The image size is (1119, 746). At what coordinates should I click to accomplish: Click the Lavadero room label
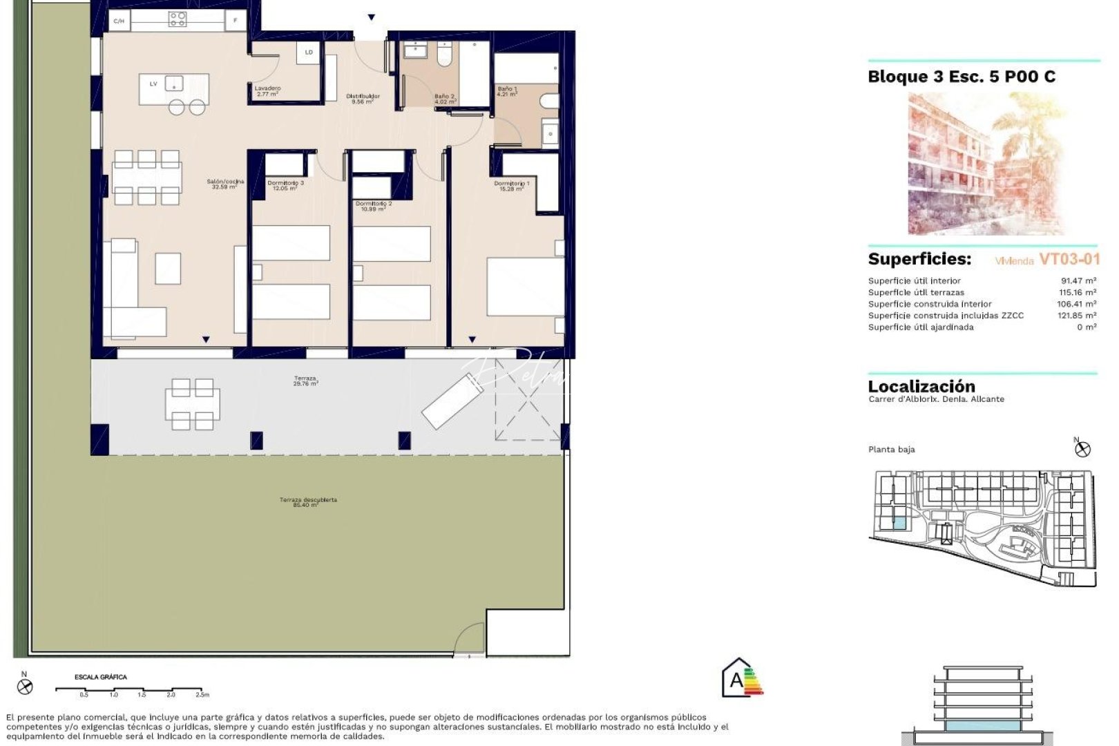pyautogui.click(x=267, y=90)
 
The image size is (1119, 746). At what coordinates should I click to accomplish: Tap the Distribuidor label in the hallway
pyautogui.click(x=363, y=99)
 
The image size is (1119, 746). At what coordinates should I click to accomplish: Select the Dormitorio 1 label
pyautogui.click(x=512, y=186)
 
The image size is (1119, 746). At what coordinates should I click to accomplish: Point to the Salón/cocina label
pyautogui.click(x=225, y=184)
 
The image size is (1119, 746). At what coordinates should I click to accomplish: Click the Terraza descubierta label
pyautogui.click(x=308, y=502)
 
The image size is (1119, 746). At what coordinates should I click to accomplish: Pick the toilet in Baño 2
pyautogui.click(x=444, y=56)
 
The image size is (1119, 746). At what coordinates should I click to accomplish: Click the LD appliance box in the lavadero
pyautogui.click(x=309, y=52)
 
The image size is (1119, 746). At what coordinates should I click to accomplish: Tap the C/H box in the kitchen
pyautogui.click(x=119, y=21)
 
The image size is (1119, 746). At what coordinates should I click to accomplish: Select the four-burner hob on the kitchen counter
pyautogui.click(x=178, y=19)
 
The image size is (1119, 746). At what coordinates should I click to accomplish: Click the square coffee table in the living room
pyautogui.click(x=168, y=269)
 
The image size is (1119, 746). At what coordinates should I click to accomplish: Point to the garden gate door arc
pyautogui.click(x=470, y=639)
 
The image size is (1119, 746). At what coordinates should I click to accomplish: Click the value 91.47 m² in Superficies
pyautogui.click(x=1078, y=280)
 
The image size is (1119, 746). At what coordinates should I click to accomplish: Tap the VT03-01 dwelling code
pyautogui.click(x=1069, y=259)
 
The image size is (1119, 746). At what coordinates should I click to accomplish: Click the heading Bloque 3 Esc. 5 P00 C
pyautogui.click(x=962, y=77)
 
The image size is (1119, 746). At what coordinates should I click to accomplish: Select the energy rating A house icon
pyautogui.click(x=738, y=678)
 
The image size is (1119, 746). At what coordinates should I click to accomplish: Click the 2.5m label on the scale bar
pyautogui.click(x=202, y=695)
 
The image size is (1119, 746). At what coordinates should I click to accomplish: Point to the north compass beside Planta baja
pyautogui.click(x=1082, y=448)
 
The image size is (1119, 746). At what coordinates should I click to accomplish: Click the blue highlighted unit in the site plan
pyautogui.click(x=899, y=523)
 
